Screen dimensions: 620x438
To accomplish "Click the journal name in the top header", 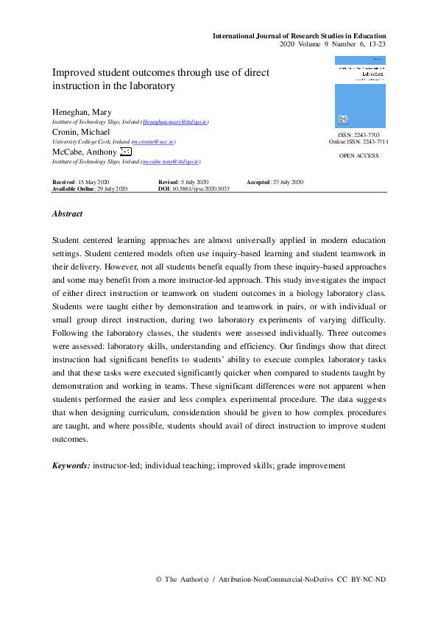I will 299,35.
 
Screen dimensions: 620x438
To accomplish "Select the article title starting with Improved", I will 160,79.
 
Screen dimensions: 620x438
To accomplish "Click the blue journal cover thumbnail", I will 359,93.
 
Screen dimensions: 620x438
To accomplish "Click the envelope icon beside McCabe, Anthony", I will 126,152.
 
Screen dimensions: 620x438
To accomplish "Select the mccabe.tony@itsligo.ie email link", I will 169,161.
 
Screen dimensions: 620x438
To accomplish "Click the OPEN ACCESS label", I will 359,157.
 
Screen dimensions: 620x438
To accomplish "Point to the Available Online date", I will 91,189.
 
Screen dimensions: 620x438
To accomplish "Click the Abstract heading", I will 67,214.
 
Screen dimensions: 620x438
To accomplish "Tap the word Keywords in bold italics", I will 71,465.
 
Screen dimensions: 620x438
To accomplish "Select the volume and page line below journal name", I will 333,44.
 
